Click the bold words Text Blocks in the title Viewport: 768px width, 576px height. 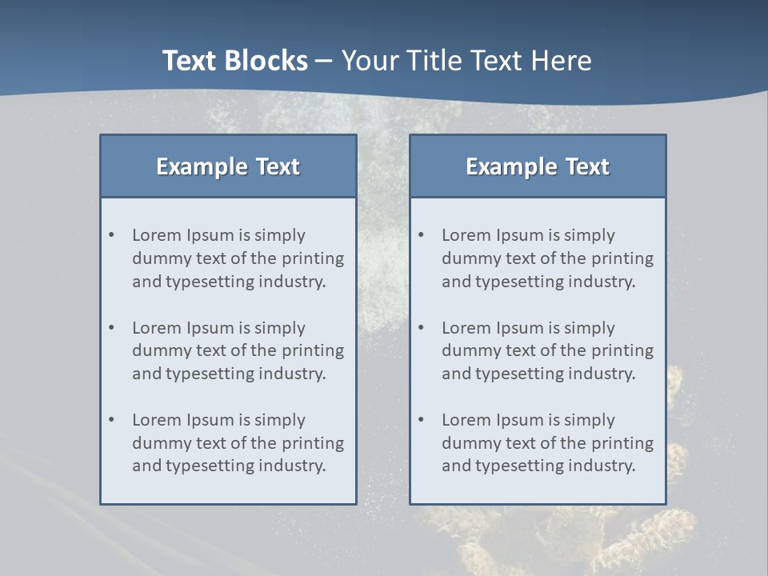point(234,61)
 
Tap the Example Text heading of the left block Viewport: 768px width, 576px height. point(228,166)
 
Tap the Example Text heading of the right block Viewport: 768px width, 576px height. point(538,166)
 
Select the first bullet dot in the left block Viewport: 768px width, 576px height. point(112,235)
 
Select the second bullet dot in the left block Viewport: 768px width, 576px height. point(112,328)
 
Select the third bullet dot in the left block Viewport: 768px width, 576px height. point(112,420)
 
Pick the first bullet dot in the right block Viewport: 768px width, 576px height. point(422,235)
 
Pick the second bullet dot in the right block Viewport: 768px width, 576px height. point(422,328)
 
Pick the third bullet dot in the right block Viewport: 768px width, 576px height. point(422,420)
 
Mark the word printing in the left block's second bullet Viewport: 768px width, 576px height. point(313,351)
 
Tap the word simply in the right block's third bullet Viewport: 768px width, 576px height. point(589,420)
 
